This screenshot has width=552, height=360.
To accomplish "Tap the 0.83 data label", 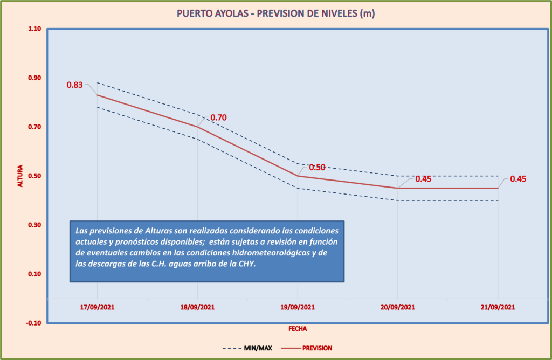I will click(74, 85).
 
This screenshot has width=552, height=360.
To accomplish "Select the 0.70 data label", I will click(218, 117).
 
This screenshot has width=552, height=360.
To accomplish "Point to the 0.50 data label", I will click(317, 167).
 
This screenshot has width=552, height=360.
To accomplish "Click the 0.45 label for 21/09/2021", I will click(517, 179).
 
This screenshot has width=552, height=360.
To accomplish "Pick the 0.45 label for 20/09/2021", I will click(423, 179).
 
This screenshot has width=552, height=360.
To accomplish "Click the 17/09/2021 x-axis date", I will click(97, 308).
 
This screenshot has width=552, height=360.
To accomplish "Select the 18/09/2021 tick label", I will click(197, 308).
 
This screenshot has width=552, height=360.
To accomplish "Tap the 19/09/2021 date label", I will click(298, 308).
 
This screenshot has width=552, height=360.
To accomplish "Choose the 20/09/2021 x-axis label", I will click(398, 308).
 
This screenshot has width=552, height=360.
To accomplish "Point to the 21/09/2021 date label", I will click(498, 308).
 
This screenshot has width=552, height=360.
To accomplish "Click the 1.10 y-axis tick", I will click(34, 29).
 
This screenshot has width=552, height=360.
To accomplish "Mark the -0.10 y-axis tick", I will click(33, 323).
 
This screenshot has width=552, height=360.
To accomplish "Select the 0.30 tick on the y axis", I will click(34, 225).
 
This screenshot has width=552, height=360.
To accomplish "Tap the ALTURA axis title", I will click(20, 176).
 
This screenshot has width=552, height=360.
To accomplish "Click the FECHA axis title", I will click(298, 328).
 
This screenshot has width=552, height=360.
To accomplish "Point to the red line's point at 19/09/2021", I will click(298, 176).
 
